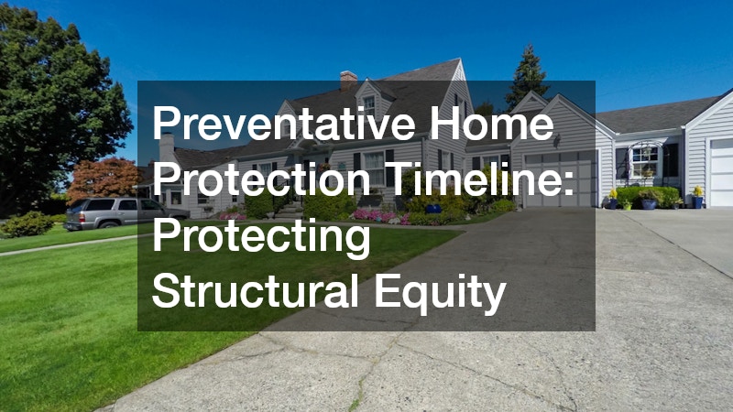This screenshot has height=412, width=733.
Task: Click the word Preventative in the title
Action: point(283,123)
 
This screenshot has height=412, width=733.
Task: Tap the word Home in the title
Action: point(491,123)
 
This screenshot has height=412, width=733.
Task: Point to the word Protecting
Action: point(261,238)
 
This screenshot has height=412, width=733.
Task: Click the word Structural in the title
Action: point(256,291)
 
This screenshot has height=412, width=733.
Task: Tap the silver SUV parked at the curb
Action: point(126,213)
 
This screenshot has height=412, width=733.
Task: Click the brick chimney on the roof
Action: point(348,81)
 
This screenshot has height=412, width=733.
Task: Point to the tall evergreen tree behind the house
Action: point(528,77)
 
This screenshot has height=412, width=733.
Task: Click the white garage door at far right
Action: point(721,172)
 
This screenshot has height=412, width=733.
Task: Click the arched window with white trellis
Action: point(645,159)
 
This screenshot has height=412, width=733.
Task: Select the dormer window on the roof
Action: point(369,106)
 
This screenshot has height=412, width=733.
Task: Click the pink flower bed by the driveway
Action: point(375,215)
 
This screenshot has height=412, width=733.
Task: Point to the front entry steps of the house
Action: point(288,211)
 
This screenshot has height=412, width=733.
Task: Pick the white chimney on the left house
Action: point(167,149)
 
